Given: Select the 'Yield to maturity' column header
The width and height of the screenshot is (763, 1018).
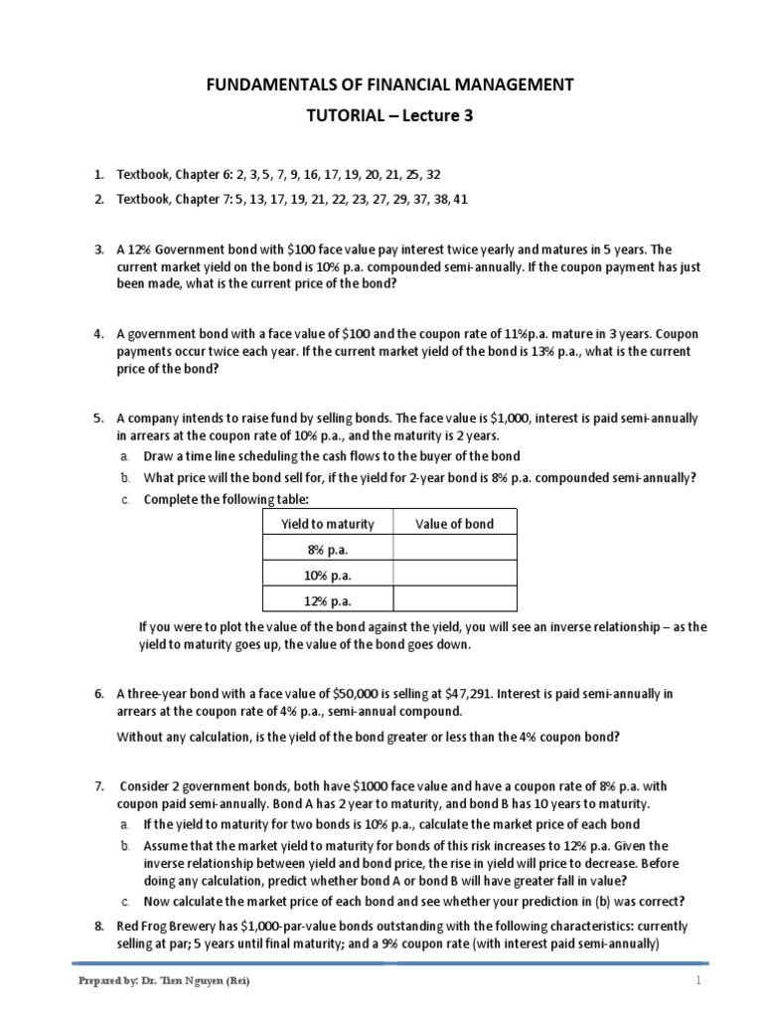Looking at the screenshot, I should click(326, 524).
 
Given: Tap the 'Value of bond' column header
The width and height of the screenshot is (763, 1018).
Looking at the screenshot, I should click(454, 524).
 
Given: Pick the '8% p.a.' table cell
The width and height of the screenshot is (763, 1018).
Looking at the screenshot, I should click(326, 550).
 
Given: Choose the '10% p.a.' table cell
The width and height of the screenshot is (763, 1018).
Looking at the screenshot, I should click(326, 576).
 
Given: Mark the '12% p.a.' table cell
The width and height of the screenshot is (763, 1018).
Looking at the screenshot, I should click(326, 601).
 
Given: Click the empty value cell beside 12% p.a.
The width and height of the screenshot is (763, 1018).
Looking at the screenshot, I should click(454, 601).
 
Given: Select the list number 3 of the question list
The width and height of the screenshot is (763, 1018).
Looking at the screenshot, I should click(99, 249).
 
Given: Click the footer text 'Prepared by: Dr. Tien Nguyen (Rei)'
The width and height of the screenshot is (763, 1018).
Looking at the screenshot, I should click(163, 981).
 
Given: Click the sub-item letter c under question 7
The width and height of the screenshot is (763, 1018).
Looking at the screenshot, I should click(124, 902).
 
